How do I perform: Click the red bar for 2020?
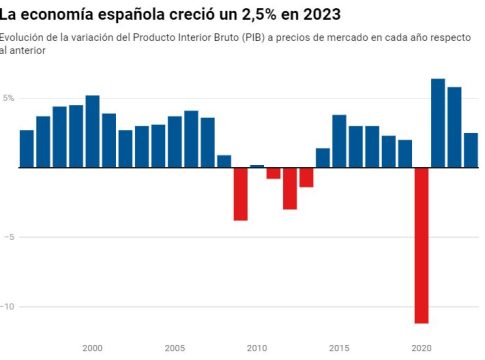click(x=421, y=245)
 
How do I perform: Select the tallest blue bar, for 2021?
click(x=438, y=123)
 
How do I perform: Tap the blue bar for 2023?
click(x=471, y=150)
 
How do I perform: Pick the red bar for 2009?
click(x=240, y=194)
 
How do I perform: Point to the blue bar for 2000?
click(x=92, y=131)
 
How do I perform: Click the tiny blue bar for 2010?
click(x=257, y=166)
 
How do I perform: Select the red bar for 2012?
click(x=290, y=188)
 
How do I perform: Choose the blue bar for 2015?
click(x=339, y=141)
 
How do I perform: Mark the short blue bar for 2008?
click(x=224, y=161)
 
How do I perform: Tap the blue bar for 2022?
click(x=454, y=127)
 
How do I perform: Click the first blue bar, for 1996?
click(x=27, y=149)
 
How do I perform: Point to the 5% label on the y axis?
click(x=8, y=98)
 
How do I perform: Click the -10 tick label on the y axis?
click(x=7, y=306)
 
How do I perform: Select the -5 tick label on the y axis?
click(x=9, y=237)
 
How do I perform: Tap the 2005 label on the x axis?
click(x=175, y=348)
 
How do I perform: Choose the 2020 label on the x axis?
click(x=421, y=348)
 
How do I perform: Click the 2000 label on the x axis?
click(x=92, y=348)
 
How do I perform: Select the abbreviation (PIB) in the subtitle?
click(x=253, y=38)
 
